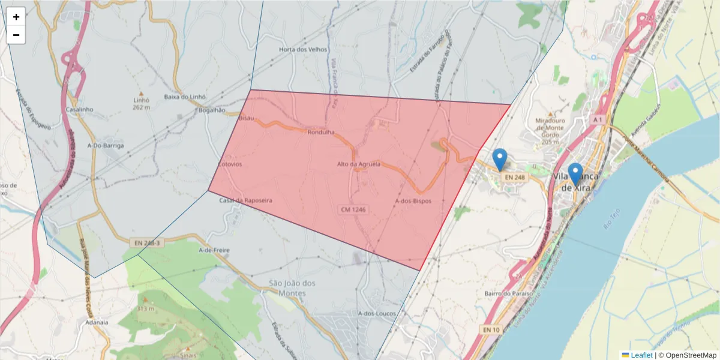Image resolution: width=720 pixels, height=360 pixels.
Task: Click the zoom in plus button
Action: pyautogui.click(x=16, y=17)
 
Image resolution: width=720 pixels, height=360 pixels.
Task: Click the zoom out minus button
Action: pyautogui.click(x=16, y=35)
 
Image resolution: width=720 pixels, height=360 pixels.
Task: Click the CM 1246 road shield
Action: pyautogui.click(x=353, y=209)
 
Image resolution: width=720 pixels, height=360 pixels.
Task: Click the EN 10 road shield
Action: pyautogui.click(x=491, y=330)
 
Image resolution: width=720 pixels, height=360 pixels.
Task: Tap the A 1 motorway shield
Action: pyautogui.click(x=597, y=120)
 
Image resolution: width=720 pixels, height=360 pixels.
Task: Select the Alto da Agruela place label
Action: pyautogui.click(x=359, y=164)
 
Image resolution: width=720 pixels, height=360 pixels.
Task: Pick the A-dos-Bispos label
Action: pyautogui.click(x=413, y=201)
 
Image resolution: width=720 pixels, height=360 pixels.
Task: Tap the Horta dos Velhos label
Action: pyautogui.click(x=303, y=50)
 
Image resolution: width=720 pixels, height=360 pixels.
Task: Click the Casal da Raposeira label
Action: pyautogui.click(x=245, y=200)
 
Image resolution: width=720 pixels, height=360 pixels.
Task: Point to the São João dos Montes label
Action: pyautogui.click(x=292, y=288)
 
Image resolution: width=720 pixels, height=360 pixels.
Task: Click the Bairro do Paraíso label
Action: pyautogui.click(x=509, y=293)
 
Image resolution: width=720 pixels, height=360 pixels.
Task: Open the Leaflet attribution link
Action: pyautogui.click(x=641, y=355)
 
